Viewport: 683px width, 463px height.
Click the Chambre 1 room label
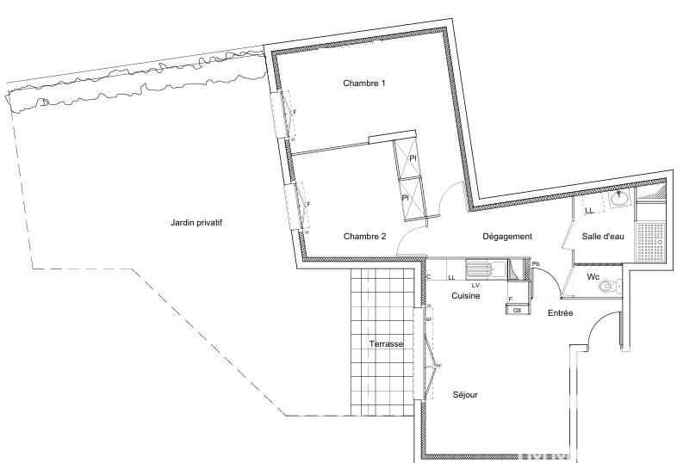click(364, 83)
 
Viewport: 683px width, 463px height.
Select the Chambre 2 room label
click(364, 237)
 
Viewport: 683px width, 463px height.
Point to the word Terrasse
click(387, 343)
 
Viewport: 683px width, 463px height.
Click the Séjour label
click(465, 395)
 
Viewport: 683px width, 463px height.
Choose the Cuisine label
click(466, 296)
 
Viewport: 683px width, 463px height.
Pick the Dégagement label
click(506, 237)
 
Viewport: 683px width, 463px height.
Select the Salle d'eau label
click(603, 237)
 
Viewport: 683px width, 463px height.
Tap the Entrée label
click(561, 313)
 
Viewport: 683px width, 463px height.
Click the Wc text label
click(593, 277)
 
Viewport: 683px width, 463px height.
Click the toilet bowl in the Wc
click(608, 287)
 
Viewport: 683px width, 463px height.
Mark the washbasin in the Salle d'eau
click(618, 201)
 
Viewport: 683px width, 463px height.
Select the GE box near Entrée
click(516, 309)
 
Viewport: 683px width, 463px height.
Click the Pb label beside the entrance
click(536, 264)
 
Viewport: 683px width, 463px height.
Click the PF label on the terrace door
click(438, 366)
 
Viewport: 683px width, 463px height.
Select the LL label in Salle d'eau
click(589, 211)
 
